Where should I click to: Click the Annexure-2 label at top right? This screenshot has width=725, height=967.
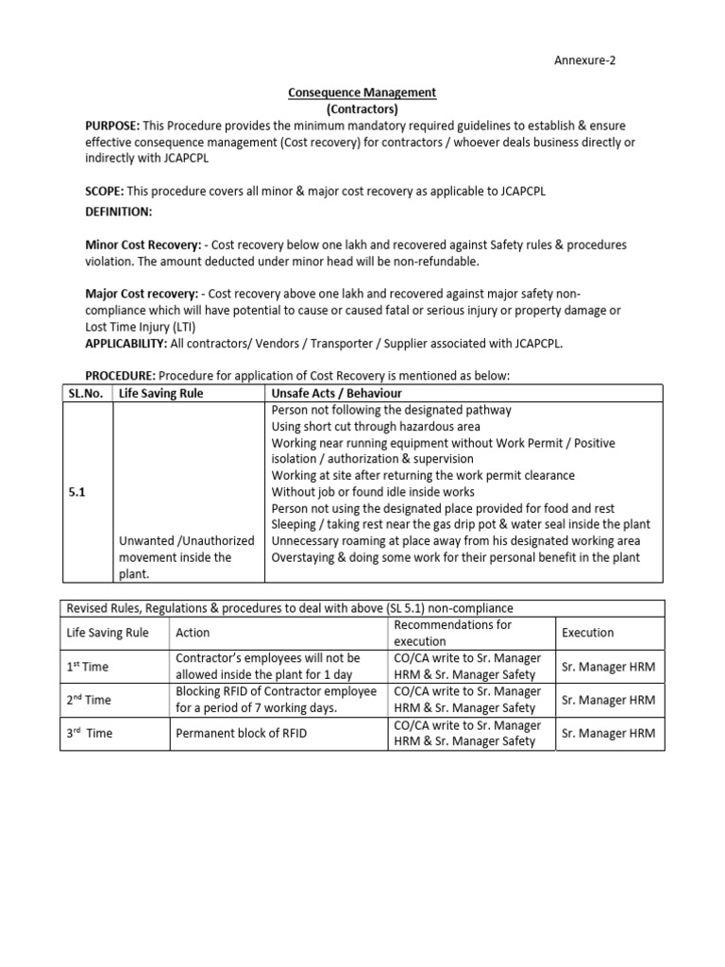pos(584,61)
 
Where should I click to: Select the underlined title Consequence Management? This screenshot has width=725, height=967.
pos(362,93)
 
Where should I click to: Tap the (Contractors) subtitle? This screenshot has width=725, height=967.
pos(362,109)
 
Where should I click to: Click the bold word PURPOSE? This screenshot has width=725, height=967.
pos(112,126)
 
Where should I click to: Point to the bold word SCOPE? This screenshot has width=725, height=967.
pos(104,191)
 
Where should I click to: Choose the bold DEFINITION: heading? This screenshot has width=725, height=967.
pos(118,212)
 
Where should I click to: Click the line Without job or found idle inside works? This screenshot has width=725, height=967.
pos(373,492)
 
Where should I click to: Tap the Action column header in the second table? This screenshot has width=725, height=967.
pos(193,633)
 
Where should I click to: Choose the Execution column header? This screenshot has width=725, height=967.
pos(587,633)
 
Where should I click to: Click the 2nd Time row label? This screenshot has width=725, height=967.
pos(89,700)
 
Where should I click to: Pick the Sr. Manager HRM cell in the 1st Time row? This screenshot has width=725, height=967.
pos(608,667)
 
